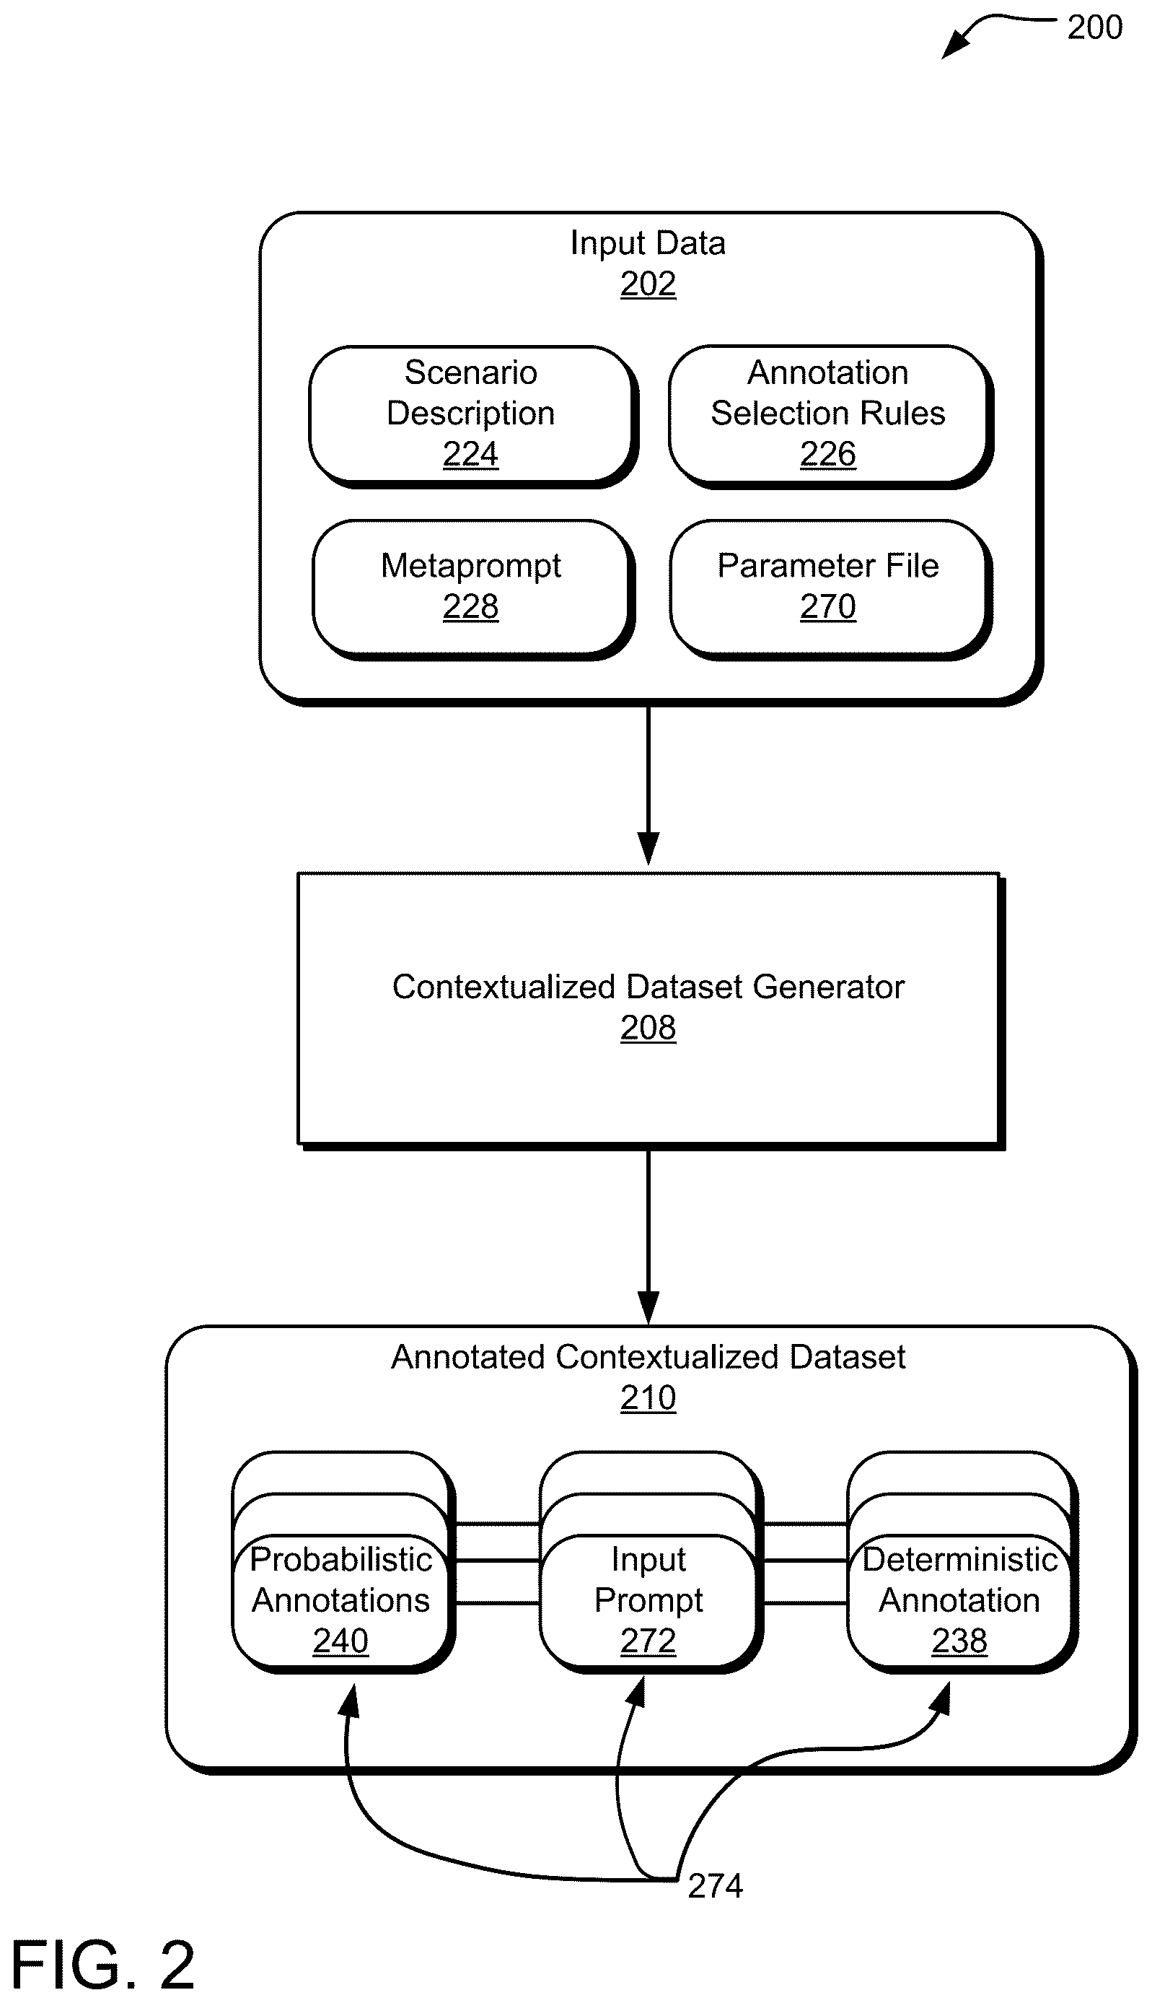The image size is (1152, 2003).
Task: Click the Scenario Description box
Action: click(472, 415)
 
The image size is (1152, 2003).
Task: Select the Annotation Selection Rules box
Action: click(830, 415)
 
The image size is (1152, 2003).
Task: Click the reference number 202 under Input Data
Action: click(648, 284)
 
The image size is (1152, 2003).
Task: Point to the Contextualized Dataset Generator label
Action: click(648, 987)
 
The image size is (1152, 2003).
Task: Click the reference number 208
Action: click(648, 1028)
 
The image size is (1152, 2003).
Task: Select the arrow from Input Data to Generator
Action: click(648, 785)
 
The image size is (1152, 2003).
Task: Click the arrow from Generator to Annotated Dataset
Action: click(648, 1236)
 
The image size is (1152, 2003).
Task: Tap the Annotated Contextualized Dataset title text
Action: click(648, 1357)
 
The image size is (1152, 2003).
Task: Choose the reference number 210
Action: click(648, 1398)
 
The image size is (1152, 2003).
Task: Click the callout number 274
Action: click(716, 1887)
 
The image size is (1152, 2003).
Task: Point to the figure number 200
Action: click(1094, 27)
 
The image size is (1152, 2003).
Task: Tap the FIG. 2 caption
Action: click(103, 1965)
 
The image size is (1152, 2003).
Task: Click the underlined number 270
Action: click(827, 606)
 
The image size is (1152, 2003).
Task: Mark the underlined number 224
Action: click(471, 453)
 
